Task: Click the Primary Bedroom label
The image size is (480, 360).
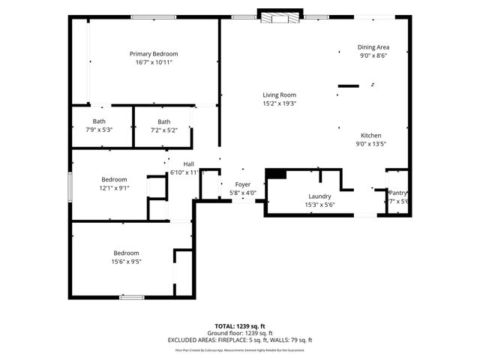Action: [154, 54]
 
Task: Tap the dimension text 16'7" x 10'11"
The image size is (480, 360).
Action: [154, 63]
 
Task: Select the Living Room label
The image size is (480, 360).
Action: [279, 94]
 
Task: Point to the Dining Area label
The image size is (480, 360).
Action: [373, 46]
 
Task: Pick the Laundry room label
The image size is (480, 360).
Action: [298, 196]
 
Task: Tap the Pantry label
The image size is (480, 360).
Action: [397, 193]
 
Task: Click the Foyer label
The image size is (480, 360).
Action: [243, 184]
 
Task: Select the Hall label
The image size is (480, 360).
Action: [188, 163]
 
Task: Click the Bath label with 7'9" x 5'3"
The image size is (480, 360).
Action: [99, 121]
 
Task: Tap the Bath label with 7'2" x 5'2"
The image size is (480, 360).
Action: [163, 121]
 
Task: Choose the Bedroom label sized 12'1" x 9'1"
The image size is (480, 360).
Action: [115, 179]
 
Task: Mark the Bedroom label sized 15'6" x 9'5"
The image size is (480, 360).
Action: [126, 253]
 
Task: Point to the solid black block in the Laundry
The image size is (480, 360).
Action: [276, 174]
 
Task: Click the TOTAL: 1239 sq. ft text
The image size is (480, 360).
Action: [240, 327]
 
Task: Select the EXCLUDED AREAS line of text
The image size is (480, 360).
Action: [240, 340]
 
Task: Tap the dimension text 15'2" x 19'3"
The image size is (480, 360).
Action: [279, 103]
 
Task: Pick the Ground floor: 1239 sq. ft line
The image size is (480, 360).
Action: [240, 334]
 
